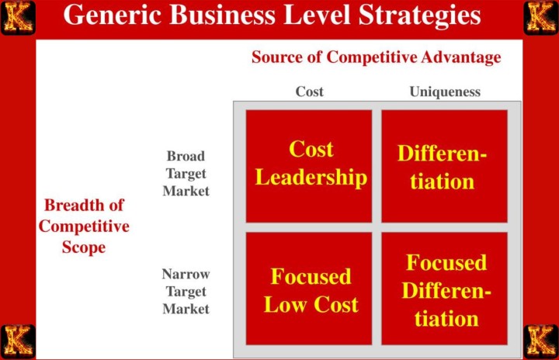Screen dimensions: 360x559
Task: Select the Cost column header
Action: click(x=309, y=92)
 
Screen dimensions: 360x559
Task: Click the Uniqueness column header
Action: click(x=445, y=92)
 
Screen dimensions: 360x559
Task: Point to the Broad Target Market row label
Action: click(x=186, y=173)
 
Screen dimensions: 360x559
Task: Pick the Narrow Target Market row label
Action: click(x=186, y=291)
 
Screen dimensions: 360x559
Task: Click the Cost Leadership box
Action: click(x=310, y=164)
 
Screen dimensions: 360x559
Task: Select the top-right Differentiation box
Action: click(x=444, y=166)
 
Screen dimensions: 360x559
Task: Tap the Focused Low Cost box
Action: click(x=310, y=289)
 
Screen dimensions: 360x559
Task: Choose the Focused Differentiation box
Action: click(x=444, y=289)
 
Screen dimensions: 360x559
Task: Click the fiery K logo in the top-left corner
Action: click(x=17, y=17)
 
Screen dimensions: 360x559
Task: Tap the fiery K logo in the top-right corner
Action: click(x=540, y=17)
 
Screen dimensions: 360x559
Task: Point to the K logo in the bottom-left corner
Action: click(x=17, y=341)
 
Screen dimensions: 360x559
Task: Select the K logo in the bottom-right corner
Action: click(x=540, y=341)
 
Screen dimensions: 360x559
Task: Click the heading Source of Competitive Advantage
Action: click(x=376, y=57)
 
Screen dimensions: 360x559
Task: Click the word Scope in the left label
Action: click(x=83, y=247)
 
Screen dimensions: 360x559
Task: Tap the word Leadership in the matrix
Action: click(x=311, y=178)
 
